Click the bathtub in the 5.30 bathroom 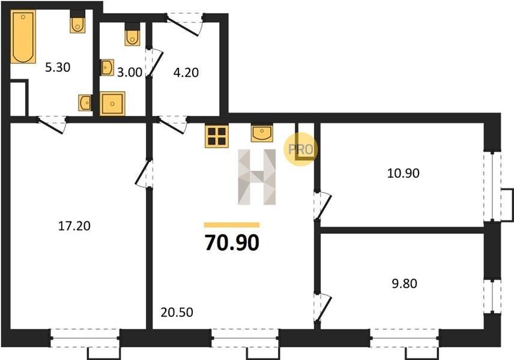click(23, 36)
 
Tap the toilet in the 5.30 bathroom click(77, 22)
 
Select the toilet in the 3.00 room click(132, 34)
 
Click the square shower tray click(112, 104)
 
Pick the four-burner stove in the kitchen click(217, 136)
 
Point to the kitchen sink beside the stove click(262, 133)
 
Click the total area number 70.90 click(232, 243)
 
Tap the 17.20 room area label click(74, 226)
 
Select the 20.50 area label click(177, 312)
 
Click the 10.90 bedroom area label click(403, 173)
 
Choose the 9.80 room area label click(405, 283)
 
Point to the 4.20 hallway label click(186, 73)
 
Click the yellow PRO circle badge click(301, 149)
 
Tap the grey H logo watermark click(256, 177)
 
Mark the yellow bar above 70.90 click(232, 225)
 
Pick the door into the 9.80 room click(322, 307)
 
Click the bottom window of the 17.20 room click(85, 338)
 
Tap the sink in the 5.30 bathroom click(85, 103)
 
